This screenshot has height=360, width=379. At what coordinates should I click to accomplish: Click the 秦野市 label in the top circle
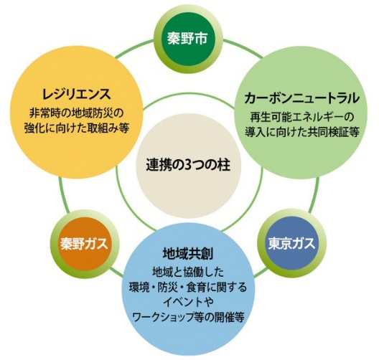click(187, 39)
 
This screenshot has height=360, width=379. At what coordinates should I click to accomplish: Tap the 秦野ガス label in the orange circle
click(84, 244)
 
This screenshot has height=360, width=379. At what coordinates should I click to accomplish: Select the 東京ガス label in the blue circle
click(291, 243)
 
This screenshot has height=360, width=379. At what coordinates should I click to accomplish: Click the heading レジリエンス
click(76, 94)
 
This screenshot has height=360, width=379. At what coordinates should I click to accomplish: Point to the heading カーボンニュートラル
click(301, 98)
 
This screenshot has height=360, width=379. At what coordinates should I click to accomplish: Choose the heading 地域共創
click(188, 254)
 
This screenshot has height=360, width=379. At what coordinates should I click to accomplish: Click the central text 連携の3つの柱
click(188, 166)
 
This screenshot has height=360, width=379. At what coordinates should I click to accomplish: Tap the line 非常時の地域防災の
click(76, 113)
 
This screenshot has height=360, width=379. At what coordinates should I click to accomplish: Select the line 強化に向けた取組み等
click(76, 128)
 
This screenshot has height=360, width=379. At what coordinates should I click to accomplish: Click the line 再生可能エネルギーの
click(301, 118)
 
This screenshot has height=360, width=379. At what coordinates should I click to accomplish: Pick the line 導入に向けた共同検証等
click(301, 132)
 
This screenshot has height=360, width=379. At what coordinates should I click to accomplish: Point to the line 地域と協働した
click(188, 273)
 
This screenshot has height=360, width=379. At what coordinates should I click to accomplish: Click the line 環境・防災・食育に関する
click(188, 288)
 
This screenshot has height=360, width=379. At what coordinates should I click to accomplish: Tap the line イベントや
click(188, 302)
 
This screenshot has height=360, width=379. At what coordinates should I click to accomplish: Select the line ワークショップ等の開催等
click(188, 316)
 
